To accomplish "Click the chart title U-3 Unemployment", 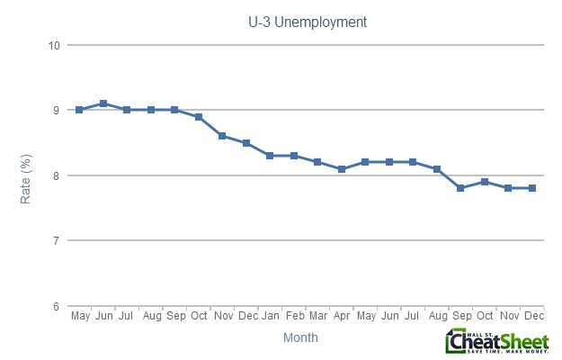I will click(x=307, y=20).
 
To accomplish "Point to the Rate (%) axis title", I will click(x=26, y=175).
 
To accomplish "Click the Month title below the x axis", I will click(x=299, y=337).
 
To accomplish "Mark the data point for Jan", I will click(x=270, y=156).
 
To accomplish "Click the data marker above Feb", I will click(x=294, y=156).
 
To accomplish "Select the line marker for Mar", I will click(x=317, y=162).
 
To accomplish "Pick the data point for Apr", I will click(x=342, y=168).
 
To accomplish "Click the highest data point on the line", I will click(x=103, y=103).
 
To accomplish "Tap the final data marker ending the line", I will click(x=532, y=188).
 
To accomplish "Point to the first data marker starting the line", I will click(x=79, y=110).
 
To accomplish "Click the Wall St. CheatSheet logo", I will click(x=496, y=341).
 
